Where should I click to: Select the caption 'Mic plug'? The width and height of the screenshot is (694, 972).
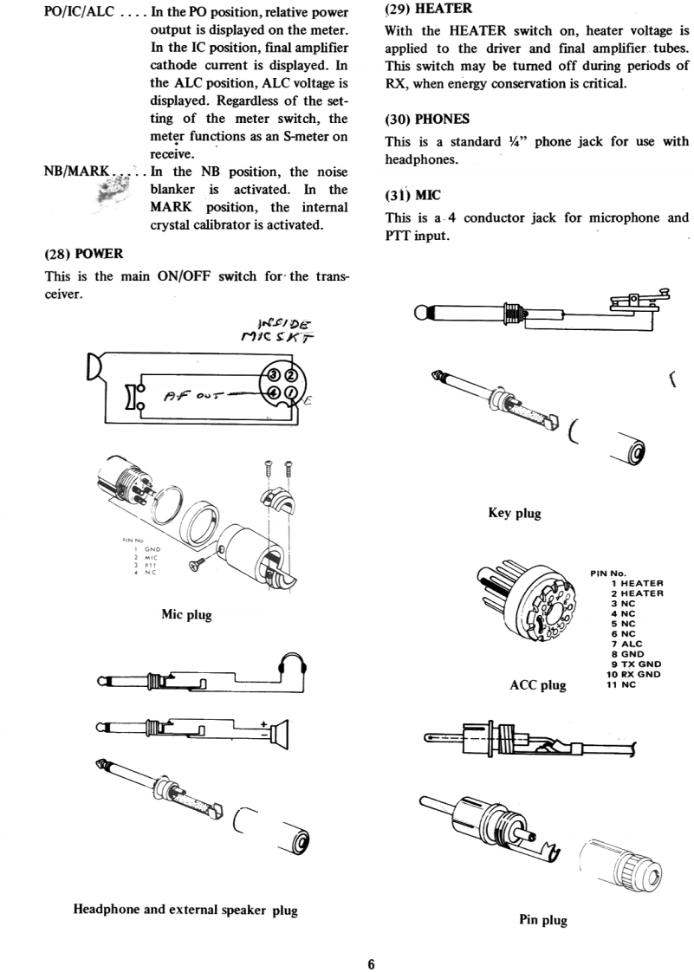click(187, 615)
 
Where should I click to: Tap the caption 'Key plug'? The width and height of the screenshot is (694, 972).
click(515, 513)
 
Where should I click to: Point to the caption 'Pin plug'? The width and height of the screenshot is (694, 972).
click(542, 920)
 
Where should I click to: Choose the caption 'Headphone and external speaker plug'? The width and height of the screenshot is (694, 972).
click(185, 910)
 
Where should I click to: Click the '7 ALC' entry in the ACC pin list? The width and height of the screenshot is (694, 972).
click(628, 645)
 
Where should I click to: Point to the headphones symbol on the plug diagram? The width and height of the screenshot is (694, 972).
click(293, 668)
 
